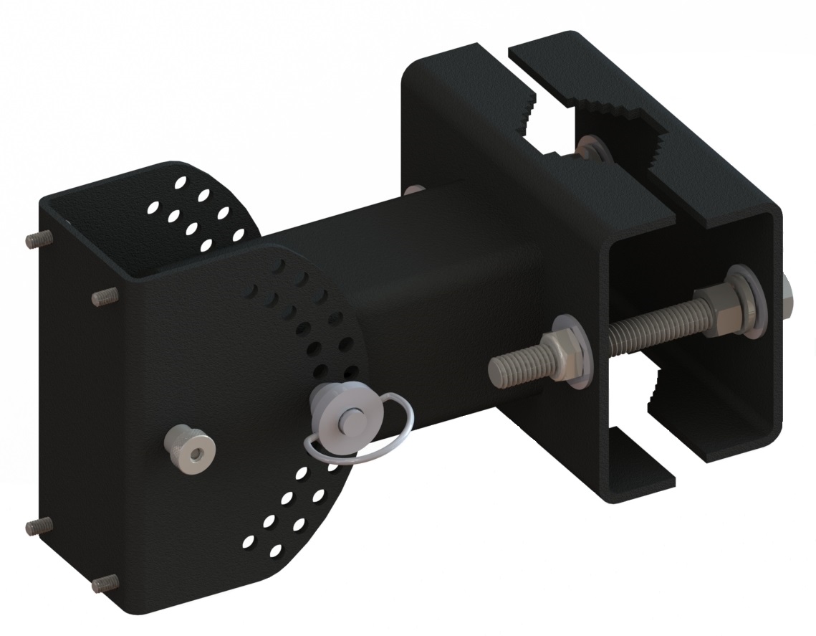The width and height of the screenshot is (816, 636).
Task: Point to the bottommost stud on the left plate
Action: click(105, 582)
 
